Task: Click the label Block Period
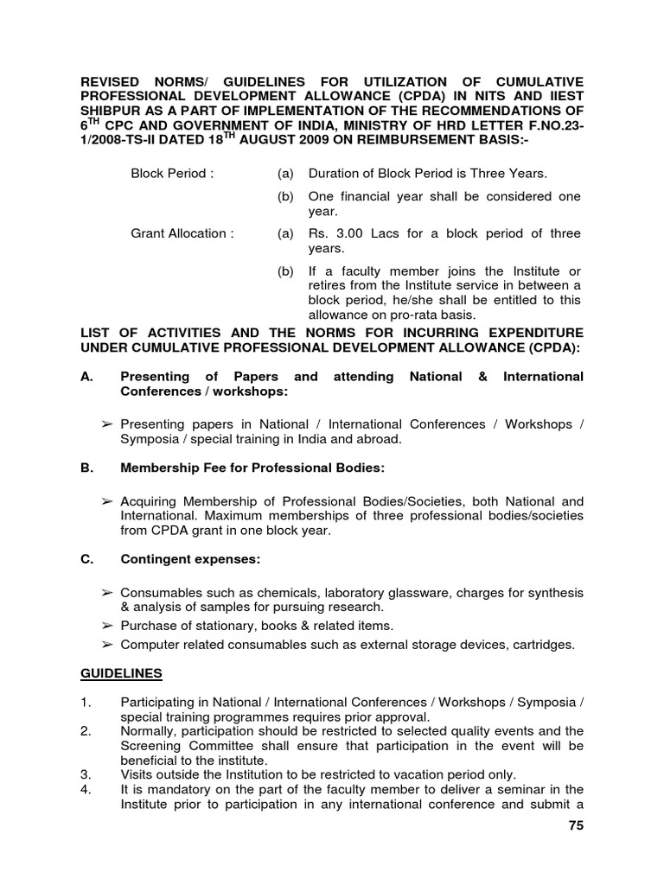169,174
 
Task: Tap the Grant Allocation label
182,234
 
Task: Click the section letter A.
85,376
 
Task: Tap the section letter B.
85,468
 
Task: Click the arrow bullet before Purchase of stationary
107,625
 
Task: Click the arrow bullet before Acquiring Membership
107,501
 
